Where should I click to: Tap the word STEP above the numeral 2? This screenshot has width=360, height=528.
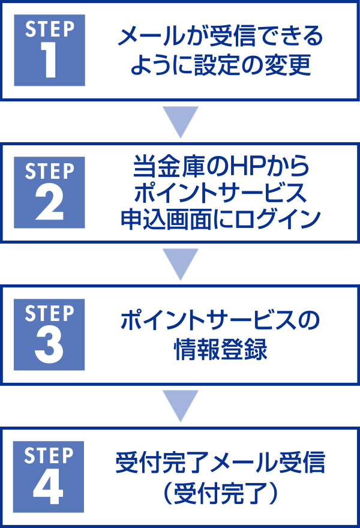click(x=49, y=171)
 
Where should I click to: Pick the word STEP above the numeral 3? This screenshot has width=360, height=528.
click(x=49, y=313)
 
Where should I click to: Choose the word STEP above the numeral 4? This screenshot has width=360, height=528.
click(x=49, y=455)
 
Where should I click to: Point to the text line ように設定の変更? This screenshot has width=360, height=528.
click(x=220, y=65)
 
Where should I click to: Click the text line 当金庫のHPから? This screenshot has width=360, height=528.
click(x=220, y=167)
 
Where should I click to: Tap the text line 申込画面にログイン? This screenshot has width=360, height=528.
click(x=220, y=219)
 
